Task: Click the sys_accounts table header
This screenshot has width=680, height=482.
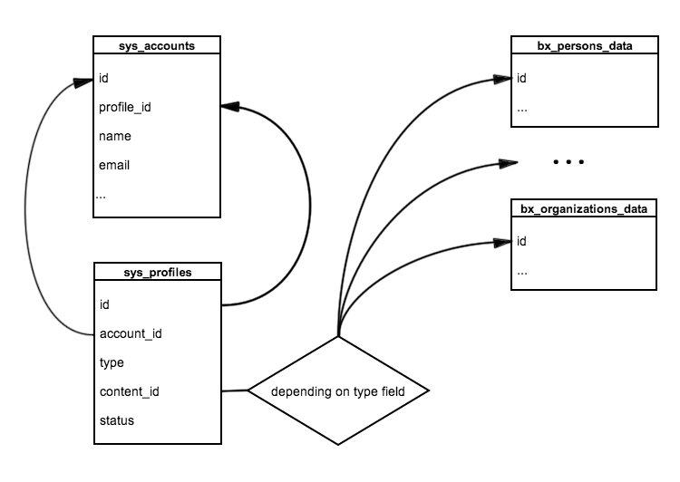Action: pyautogui.click(x=157, y=44)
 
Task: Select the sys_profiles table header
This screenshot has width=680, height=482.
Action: pyautogui.click(x=157, y=271)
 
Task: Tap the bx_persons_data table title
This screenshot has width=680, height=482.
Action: pyautogui.click(x=584, y=44)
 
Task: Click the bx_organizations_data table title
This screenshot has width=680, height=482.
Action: pyautogui.click(x=584, y=208)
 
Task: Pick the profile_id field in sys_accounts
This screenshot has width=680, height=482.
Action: pyautogui.click(x=124, y=107)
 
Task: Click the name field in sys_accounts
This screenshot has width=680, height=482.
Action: pyautogui.click(x=115, y=136)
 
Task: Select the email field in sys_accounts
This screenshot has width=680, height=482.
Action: pyautogui.click(x=115, y=165)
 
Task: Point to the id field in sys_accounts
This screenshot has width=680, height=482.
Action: pyautogui.click(x=104, y=79)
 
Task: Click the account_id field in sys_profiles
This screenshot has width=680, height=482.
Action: pyautogui.click(x=131, y=333)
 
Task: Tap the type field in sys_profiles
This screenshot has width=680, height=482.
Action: pyautogui.click(x=112, y=362)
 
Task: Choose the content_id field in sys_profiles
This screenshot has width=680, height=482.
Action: pyautogui.click(x=131, y=391)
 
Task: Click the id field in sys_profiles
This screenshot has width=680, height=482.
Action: pyautogui.click(x=104, y=304)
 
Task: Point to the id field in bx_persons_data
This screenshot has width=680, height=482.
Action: pyautogui.click(x=522, y=79)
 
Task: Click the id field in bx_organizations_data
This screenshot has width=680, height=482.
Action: pyautogui.click(x=522, y=241)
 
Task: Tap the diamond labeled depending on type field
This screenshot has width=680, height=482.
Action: pyautogui.click(x=337, y=391)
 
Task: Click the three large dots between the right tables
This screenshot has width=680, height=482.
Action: pyautogui.click(x=568, y=162)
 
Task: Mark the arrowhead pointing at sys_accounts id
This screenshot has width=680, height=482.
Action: pyautogui.click(x=84, y=81)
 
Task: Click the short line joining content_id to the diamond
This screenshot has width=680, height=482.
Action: pyautogui.click(x=234, y=391)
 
